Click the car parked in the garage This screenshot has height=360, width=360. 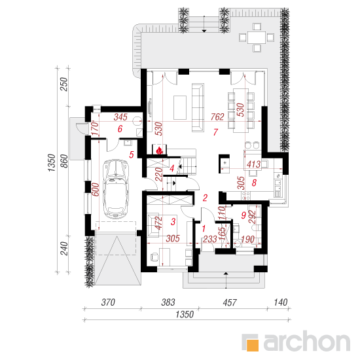point(115,189)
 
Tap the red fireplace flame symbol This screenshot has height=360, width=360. point(159,151)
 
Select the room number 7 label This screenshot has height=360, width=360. point(215,132)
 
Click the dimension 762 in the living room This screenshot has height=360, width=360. point(217,117)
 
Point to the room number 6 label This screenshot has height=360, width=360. point(120,129)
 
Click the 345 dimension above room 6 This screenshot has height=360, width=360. point(120,117)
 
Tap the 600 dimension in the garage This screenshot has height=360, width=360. point(96,189)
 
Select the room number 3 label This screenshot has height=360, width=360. point(173,221)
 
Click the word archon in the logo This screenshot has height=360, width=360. point(307,342)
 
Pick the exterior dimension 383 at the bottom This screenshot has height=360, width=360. point(168,302)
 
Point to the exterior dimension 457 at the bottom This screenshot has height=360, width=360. point(230,302)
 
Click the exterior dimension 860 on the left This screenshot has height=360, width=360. point(65,161)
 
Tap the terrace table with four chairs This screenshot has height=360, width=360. point(257,37)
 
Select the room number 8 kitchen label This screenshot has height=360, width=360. point(254,183)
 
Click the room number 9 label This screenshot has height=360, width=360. point(243,215)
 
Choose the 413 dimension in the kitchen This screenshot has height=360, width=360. point(254,164)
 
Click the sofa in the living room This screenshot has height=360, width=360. point(198,107)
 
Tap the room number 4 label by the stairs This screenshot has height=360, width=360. point(172,168)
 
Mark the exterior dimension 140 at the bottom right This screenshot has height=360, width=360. point(281,302)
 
